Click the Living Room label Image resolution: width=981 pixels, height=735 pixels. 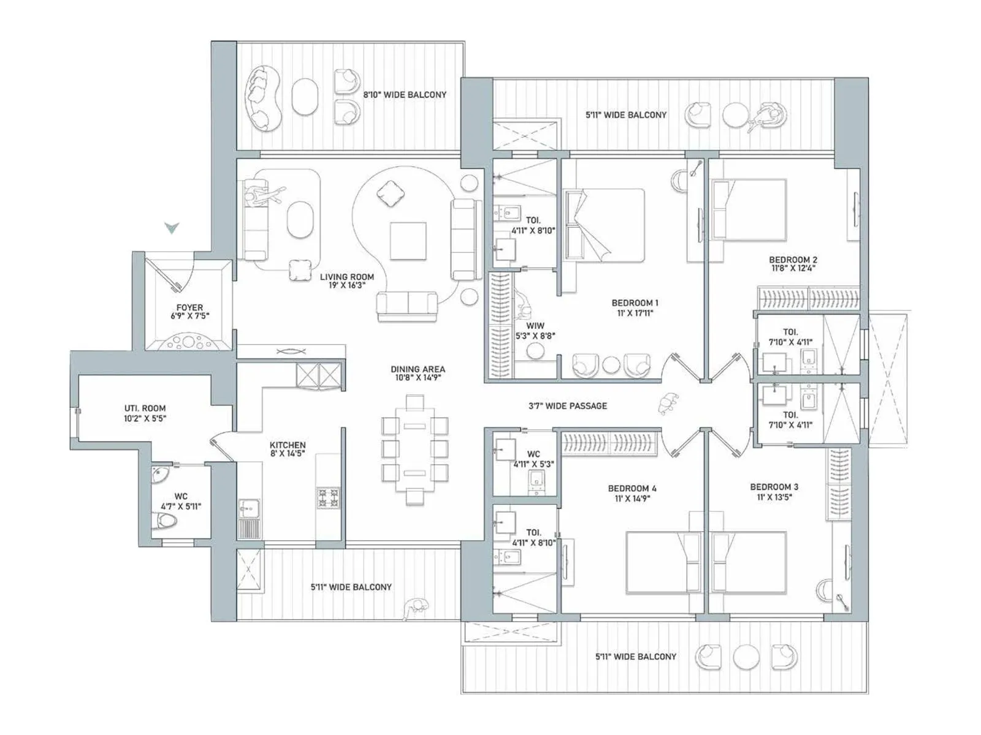click(x=346, y=281)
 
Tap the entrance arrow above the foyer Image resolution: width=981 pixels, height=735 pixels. click(x=172, y=228)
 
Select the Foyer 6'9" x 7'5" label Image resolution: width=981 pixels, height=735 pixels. click(x=189, y=312)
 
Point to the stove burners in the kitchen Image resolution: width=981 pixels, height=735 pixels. click(x=328, y=497)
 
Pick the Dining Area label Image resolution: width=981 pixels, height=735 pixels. click(x=418, y=373)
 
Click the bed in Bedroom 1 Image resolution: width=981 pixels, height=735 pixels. click(x=605, y=225)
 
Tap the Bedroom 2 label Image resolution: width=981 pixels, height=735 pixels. click(x=793, y=263)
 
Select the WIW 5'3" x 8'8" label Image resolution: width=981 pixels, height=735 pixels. click(x=535, y=331)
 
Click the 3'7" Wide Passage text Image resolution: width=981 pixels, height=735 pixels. click(x=568, y=405)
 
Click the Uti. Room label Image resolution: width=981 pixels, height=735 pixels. click(x=145, y=413)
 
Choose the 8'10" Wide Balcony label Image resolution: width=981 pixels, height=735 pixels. click(x=405, y=95)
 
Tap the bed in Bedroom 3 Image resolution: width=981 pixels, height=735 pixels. click(x=749, y=562)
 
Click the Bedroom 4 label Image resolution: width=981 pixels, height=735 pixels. click(x=632, y=492)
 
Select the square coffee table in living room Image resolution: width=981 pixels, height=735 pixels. click(x=408, y=241)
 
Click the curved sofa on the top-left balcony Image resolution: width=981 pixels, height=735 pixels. click(x=262, y=99)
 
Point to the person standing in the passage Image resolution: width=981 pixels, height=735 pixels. click(x=666, y=404)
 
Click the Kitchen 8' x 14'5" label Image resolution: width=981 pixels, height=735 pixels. click(x=288, y=449)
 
